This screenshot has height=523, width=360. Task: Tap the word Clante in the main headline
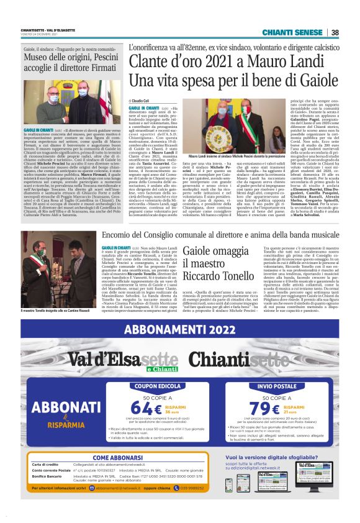[149, 62]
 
